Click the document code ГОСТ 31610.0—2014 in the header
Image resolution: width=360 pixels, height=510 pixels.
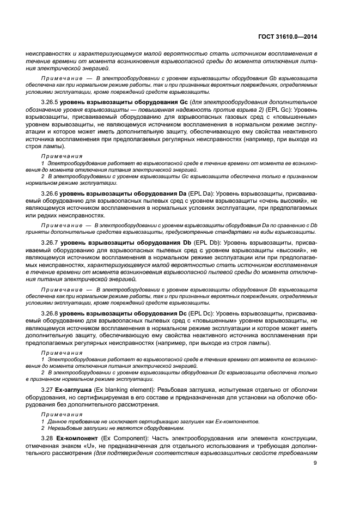tap(286, 37)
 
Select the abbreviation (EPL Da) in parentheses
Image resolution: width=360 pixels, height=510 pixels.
tap(200, 193)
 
